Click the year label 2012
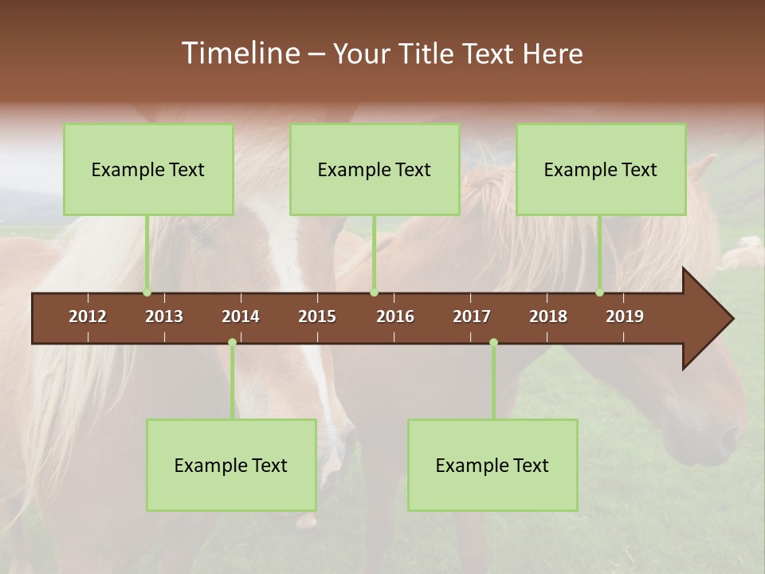pyautogui.click(x=88, y=316)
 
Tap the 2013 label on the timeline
pyautogui.click(x=164, y=316)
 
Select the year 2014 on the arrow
pyautogui.click(x=241, y=316)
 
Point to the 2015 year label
pyautogui.click(x=317, y=316)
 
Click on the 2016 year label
pyautogui.click(x=395, y=316)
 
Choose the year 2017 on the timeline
pyautogui.click(x=472, y=316)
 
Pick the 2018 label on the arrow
pyautogui.click(x=548, y=316)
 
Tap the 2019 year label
pyautogui.click(x=625, y=316)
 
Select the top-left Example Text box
pyautogui.click(x=148, y=169)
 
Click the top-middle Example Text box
pyautogui.click(x=375, y=169)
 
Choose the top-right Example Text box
pyautogui.click(x=601, y=169)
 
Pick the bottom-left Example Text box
pyautogui.click(x=231, y=465)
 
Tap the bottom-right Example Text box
pyautogui.click(x=492, y=465)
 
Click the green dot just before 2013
pyautogui.click(x=147, y=293)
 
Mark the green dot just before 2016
pyautogui.click(x=375, y=293)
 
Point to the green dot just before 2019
pyautogui.click(x=600, y=293)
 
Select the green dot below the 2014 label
pyautogui.click(x=232, y=343)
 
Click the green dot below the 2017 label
pyautogui.click(x=493, y=343)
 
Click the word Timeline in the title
pyautogui.click(x=239, y=53)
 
